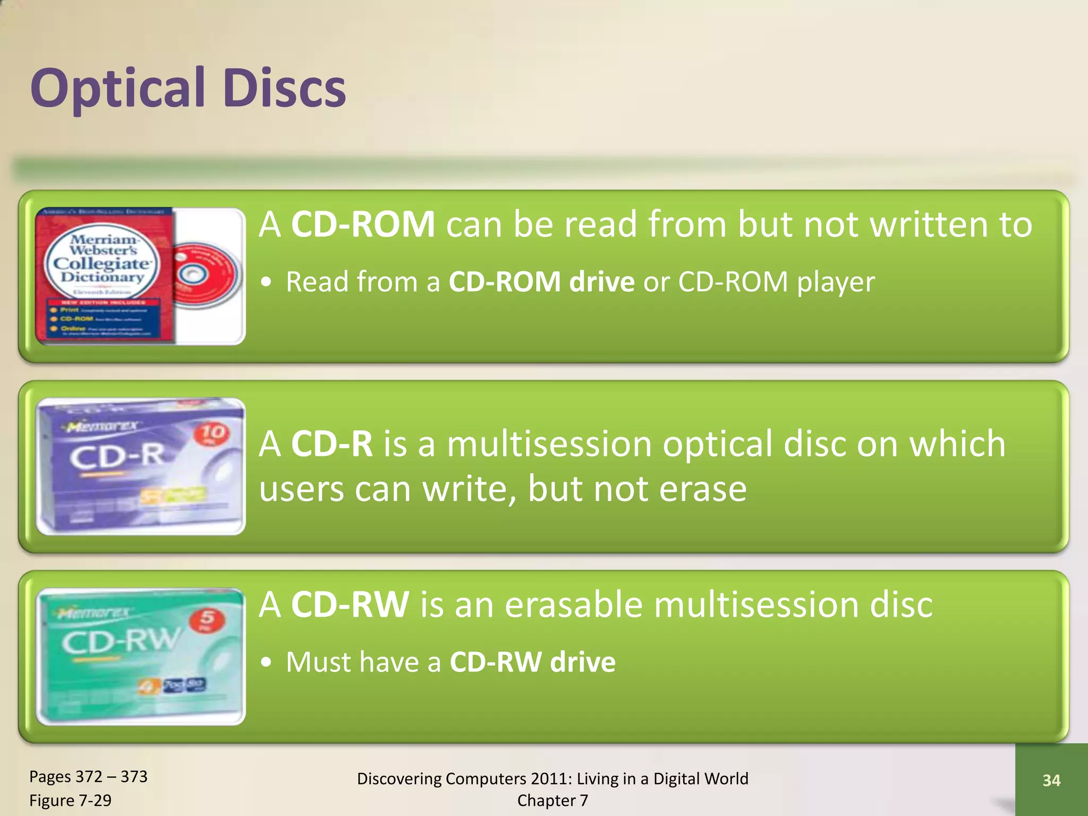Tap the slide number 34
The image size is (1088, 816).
(1051, 780)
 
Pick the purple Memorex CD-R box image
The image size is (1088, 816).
(140, 466)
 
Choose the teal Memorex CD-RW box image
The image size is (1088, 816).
(140, 656)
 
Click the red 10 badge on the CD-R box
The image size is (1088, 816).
(212, 434)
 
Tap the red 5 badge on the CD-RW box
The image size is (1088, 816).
(207, 619)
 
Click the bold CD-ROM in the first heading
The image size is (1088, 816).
(363, 224)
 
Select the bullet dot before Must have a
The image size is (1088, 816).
(267, 662)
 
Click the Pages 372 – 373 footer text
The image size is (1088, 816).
(88, 777)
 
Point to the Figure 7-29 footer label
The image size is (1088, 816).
(70, 800)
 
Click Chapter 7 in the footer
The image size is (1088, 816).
(552, 800)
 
